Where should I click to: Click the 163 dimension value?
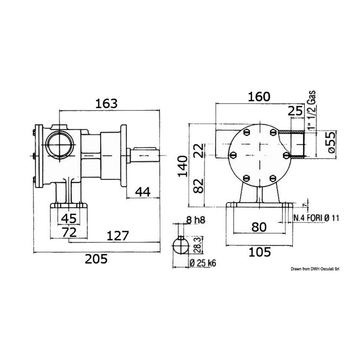click(106, 104)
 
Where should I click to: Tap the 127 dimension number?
click(118, 236)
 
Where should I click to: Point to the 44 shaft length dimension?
click(142, 192)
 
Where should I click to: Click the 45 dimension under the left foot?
click(69, 218)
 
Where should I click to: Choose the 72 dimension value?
click(69, 233)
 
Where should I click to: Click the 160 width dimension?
click(259, 97)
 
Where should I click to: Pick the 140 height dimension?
click(183, 166)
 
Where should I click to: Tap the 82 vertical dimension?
click(199, 186)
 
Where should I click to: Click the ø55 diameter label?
click(332, 142)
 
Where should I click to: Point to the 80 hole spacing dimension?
click(259, 227)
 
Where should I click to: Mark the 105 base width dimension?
click(260, 252)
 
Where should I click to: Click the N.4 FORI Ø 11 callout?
click(316, 218)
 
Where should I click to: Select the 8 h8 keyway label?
click(196, 220)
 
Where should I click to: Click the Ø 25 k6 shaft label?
click(203, 263)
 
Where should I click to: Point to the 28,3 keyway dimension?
click(199, 245)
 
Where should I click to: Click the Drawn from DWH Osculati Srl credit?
click(315, 269)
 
